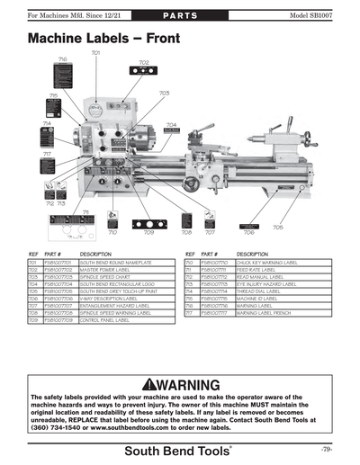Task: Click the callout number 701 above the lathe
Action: pos(95,54)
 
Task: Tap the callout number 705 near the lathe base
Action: pos(278,228)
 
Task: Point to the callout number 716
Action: pos(62,58)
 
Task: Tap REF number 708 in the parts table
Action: pos(33,312)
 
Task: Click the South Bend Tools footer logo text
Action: pos(179,449)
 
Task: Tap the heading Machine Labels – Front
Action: pos(102,40)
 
